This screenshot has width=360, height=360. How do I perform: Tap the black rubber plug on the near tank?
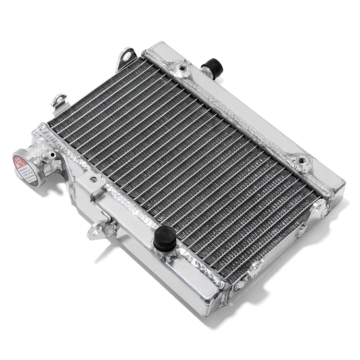tap(165, 239)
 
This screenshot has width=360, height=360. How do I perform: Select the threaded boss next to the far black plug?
tap(182, 71)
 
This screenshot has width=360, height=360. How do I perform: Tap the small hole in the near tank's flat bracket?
tap(93, 180)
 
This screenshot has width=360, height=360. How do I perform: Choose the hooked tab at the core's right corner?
tap(318, 208)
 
